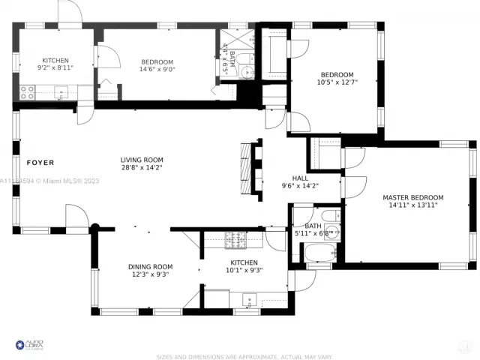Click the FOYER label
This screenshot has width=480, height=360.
pyautogui.click(x=40, y=162)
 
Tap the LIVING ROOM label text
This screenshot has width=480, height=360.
pyautogui.click(x=142, y=160)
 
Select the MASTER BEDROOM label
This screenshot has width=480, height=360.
pyautogui.click(x=412, y=198)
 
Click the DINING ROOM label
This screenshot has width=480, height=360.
pyautogui.click(x=151, y=266)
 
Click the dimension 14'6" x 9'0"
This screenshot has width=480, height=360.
pyautogui.click(x=157, y=70)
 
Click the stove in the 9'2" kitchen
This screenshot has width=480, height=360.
pyautogui.click(x=28, y=92)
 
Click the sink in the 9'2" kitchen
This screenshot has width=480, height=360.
pyautogui.click(x=61, y=92)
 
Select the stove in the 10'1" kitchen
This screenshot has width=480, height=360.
pyautogui.click(x=234, y=240)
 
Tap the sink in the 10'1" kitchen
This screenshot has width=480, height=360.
pyautogui.click(x=247, y=301)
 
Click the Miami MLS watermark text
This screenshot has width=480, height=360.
pyautogui.click(x=45, y=181)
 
